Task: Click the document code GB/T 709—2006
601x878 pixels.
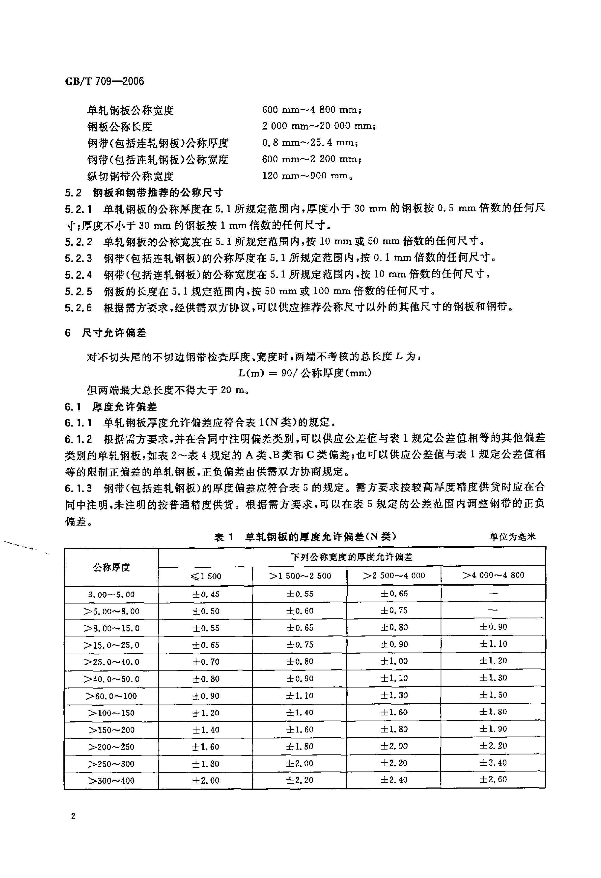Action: (104, 81)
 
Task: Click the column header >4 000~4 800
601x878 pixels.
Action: (493, 575)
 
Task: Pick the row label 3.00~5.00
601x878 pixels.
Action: (111, 595)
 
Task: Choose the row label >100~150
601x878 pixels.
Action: (111, 713)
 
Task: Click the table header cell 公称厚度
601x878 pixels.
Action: (111, 567)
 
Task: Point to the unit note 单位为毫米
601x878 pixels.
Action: (512, 537)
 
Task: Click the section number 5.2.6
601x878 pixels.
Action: (78, 308)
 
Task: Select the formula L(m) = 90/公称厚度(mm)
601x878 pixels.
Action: (305, 373)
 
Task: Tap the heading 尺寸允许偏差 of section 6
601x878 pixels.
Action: (114, 333)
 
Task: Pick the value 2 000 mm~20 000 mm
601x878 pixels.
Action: (318, 126)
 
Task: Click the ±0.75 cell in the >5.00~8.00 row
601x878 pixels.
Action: (394, 611)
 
